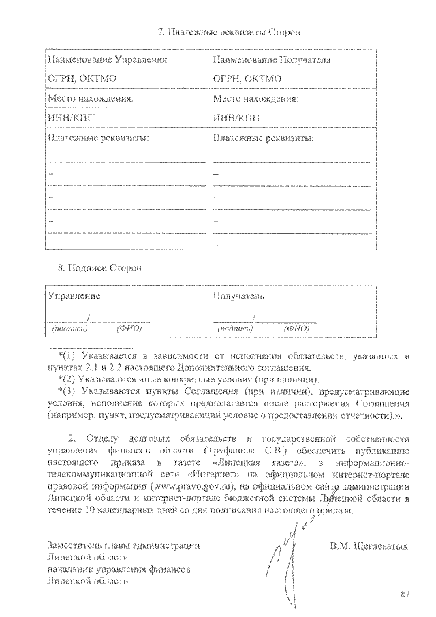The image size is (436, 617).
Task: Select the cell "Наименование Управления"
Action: pyautogui.click(x=107, y=60)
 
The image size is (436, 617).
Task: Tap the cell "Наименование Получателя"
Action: pyautogui.click(x=271, y=60)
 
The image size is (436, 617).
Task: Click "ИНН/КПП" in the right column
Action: pyautogui.click(x=236, y=117)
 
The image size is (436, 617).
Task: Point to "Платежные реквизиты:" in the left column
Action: pyautogui.click(x=98, y=138)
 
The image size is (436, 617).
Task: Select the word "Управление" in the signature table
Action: pyautogui.click(x=74, y=296)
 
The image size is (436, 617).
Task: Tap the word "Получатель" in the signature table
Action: pyautogui.click(x=238, y=296)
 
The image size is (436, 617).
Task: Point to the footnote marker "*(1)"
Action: pyautogui.click(x=69, y=356)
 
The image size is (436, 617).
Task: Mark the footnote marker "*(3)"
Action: pyautogui.click(x=69, y=391)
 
